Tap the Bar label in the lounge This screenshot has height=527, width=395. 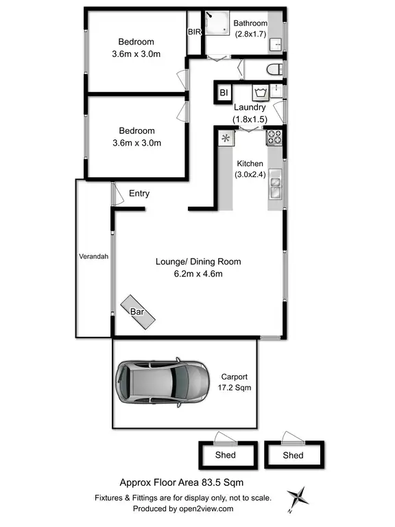pos(138,311)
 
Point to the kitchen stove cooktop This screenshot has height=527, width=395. pos(274,137)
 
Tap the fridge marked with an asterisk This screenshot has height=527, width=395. pos(226,138)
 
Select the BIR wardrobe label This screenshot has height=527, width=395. pos(194,32)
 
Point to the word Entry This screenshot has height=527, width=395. pos(139,194)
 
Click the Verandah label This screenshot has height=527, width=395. pos(93,257)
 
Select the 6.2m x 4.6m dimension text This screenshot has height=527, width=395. pos(198,274)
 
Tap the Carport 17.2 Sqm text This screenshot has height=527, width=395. pos(234,382)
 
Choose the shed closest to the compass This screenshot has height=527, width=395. pos(294,454)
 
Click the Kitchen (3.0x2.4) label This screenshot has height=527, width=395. pos(250,169)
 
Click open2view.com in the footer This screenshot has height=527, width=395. pos(206,508)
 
